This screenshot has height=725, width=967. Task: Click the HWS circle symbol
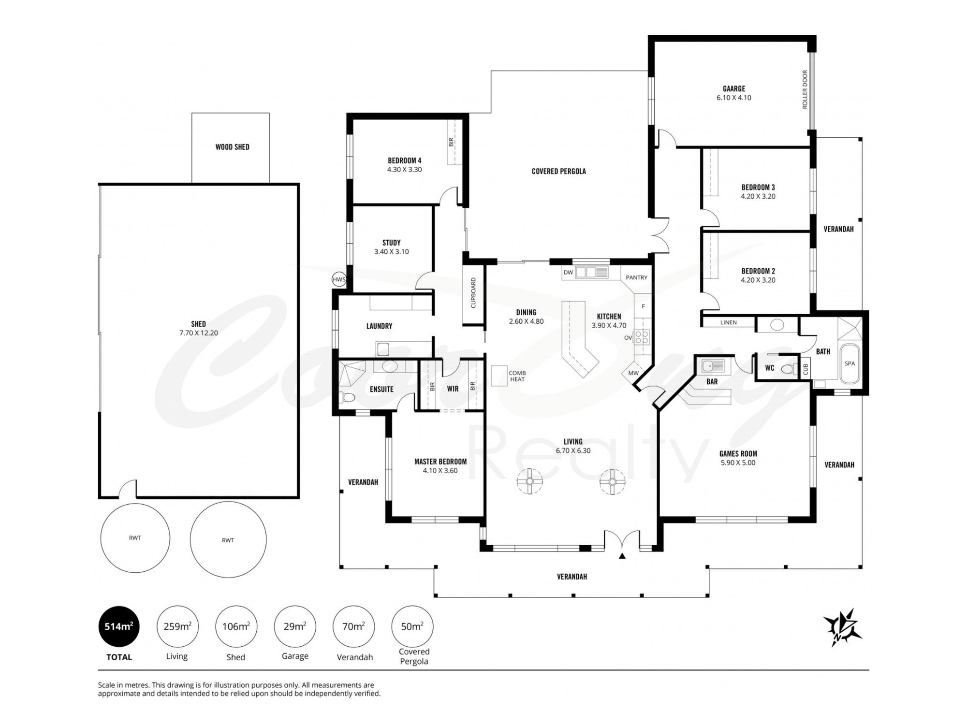click(339, 279)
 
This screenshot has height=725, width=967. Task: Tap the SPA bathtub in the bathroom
click(850, 363)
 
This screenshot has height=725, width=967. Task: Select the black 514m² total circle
click(119, 626)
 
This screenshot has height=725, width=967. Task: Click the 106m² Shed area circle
click(236, 626)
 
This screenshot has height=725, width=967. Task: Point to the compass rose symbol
click(843, 627)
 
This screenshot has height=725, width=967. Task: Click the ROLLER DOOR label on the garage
click(805, 89)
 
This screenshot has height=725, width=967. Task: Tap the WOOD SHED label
click(233, 147)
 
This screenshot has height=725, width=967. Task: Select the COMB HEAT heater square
click(499, 376)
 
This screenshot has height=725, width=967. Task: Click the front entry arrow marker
click(622, 556)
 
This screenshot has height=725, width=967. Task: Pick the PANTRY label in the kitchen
click(636, 277)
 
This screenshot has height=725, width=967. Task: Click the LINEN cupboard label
click(729, 322)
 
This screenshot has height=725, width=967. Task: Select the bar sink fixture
click(713, 367)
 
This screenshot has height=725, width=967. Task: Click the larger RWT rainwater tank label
click(228, 540)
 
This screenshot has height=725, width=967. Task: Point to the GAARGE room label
click(734, 89)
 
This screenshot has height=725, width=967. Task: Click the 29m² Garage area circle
click(295, 626)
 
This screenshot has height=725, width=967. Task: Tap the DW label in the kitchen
click(568, 273)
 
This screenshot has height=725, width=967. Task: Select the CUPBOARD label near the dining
click(473, 293)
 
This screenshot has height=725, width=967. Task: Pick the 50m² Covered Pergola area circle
click(412, 626)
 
